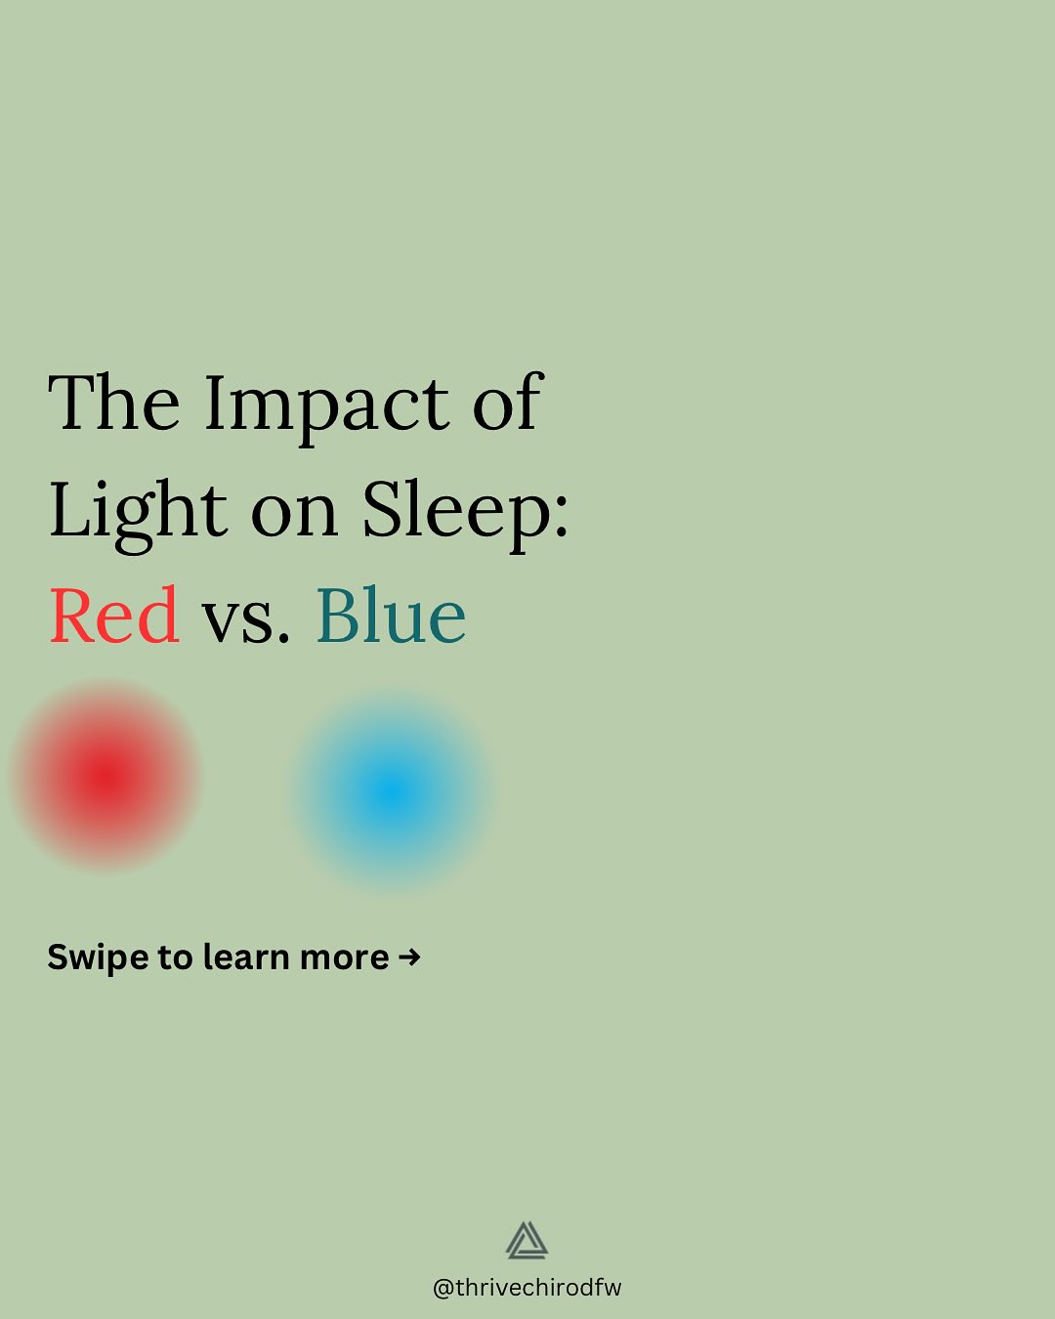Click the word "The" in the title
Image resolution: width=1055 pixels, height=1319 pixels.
point(114,403)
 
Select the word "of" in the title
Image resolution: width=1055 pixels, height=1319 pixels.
point(508,402)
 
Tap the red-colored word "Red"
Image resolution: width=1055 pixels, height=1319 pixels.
point(114,615)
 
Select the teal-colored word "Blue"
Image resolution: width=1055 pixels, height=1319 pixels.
point(391,615)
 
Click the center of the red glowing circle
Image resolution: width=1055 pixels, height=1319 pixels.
point(106,777)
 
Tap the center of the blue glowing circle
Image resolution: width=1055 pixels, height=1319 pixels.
point(391,791)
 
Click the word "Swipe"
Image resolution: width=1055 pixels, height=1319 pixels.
point(98,958)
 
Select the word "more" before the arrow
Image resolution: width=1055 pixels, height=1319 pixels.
point(345,959)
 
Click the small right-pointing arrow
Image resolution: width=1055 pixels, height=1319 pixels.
point(409,957)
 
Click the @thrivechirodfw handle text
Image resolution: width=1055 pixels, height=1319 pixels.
point(527,1288)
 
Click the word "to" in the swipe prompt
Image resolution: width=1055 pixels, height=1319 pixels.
point(176,958)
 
